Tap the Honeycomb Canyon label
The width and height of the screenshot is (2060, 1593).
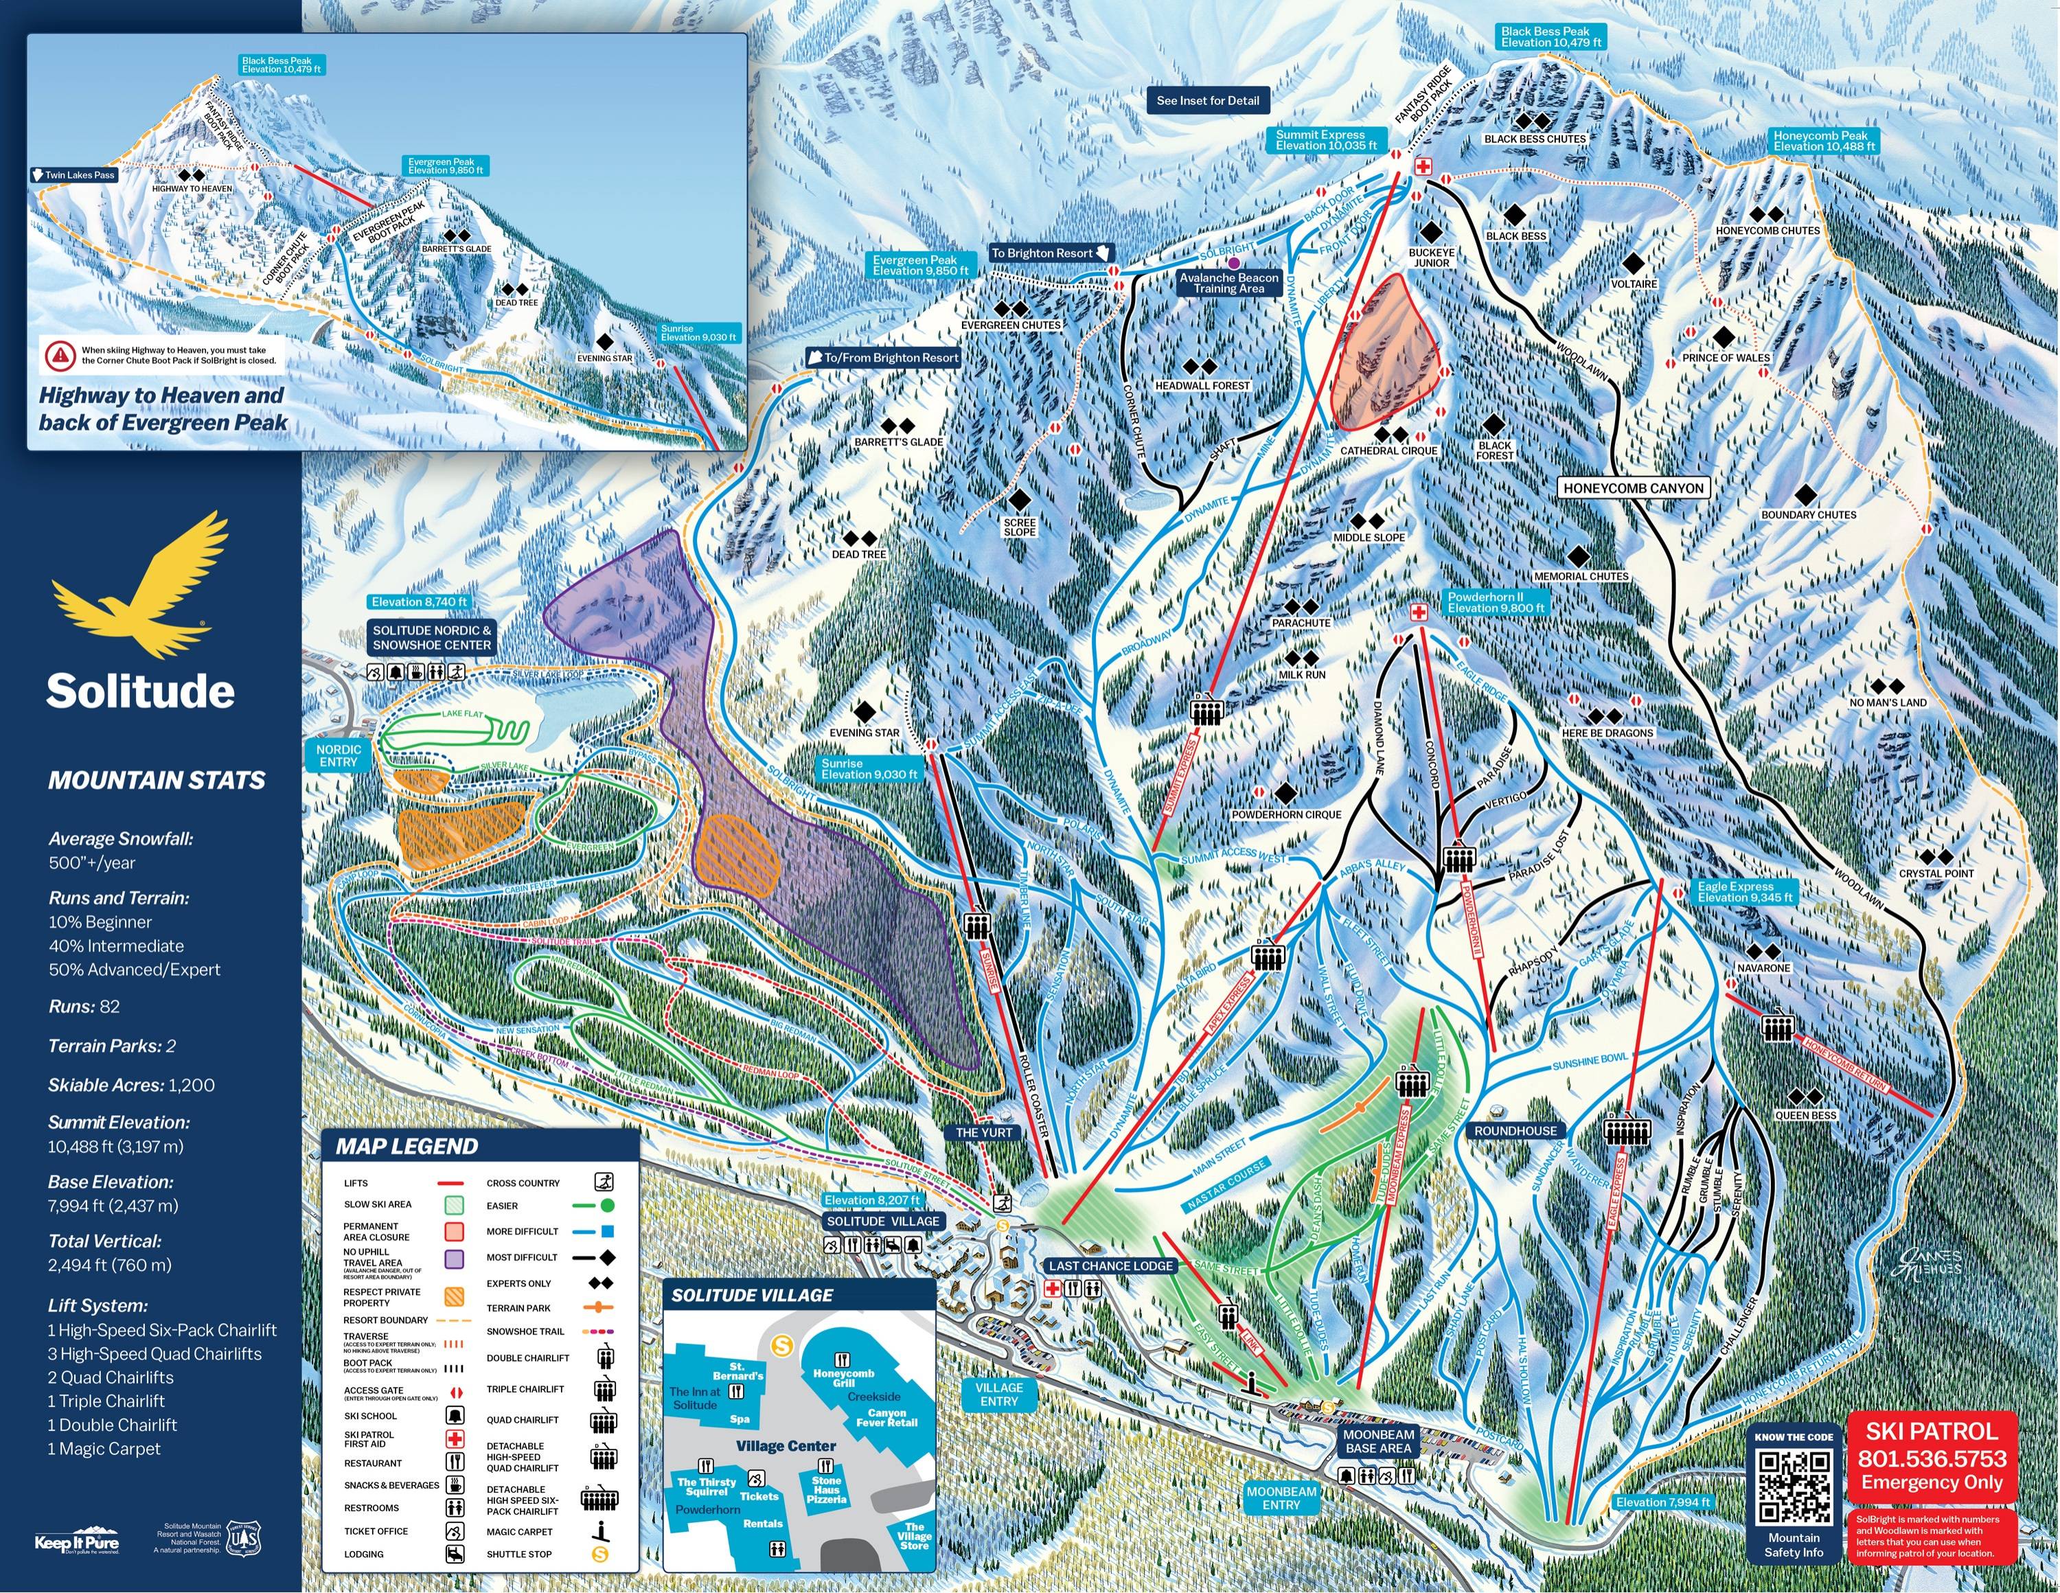point(1633,488)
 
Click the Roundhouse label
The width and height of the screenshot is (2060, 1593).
point(1515,1131)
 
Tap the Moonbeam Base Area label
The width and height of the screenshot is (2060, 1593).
point(1378,1441)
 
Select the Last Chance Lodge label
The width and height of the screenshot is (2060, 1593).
point(1110,1265)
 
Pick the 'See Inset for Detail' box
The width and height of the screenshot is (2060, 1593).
point(1207,100)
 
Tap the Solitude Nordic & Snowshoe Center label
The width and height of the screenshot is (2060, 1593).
point(431,638)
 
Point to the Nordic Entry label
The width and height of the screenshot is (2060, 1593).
point(339,755)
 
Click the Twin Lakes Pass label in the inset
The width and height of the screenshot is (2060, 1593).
point(75,174)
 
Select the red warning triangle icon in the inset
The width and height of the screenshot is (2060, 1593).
point(60,354)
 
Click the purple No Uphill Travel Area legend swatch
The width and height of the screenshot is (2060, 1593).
point(454,1258)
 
